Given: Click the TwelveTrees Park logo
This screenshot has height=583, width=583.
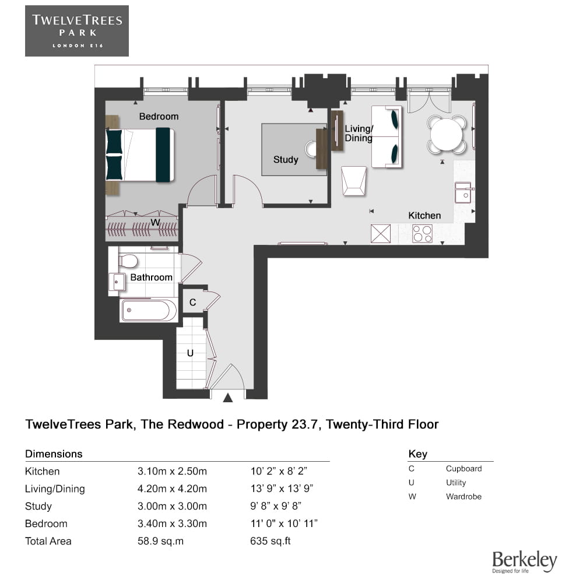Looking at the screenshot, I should [x=76, y=31].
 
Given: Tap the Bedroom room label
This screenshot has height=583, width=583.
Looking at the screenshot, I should [x=159, y=117].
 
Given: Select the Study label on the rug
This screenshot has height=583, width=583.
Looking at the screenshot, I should [x=286, y=160].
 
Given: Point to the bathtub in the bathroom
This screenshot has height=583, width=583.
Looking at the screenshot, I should [x=149, y=311].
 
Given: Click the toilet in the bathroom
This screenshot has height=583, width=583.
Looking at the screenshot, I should [x=128, y=260].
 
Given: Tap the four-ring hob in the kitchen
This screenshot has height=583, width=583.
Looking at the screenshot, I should [x=422, y=234].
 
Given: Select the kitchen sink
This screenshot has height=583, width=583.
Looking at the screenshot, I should [x=463, y=192].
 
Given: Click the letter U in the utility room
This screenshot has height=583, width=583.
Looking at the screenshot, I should [x=190, y=353].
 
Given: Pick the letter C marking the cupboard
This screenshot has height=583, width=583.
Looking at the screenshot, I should [x=193, y=303].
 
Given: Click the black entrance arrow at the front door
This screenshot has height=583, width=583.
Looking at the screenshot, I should [x=228, y=398].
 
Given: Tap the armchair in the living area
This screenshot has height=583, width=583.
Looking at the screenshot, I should [x=354, y=180].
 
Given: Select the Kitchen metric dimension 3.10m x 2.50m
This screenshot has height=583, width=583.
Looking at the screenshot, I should [x=172, y=472].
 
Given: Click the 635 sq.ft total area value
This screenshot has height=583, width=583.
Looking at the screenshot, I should [x=270, y=541].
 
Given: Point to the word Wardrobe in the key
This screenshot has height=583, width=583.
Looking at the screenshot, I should [x=463, y=497].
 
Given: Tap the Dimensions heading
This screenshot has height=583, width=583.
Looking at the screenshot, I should [x=54, y=454].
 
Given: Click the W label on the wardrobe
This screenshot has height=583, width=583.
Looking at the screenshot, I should [x=155, y=222].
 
